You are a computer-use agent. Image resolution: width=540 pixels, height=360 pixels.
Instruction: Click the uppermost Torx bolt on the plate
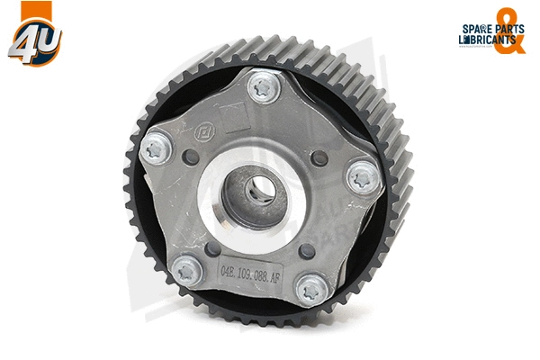point(262,88)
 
